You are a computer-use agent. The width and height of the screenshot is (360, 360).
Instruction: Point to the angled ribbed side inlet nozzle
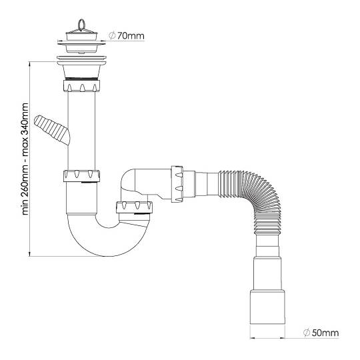pos(52,130)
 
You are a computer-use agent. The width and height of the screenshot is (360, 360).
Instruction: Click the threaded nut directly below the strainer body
pos(81,85)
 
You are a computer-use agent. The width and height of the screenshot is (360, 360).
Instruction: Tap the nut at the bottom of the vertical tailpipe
pos(81,176)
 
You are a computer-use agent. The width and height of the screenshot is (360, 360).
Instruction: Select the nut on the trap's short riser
pos(134,207)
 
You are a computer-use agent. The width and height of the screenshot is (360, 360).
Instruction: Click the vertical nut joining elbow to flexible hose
pos(177,184)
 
